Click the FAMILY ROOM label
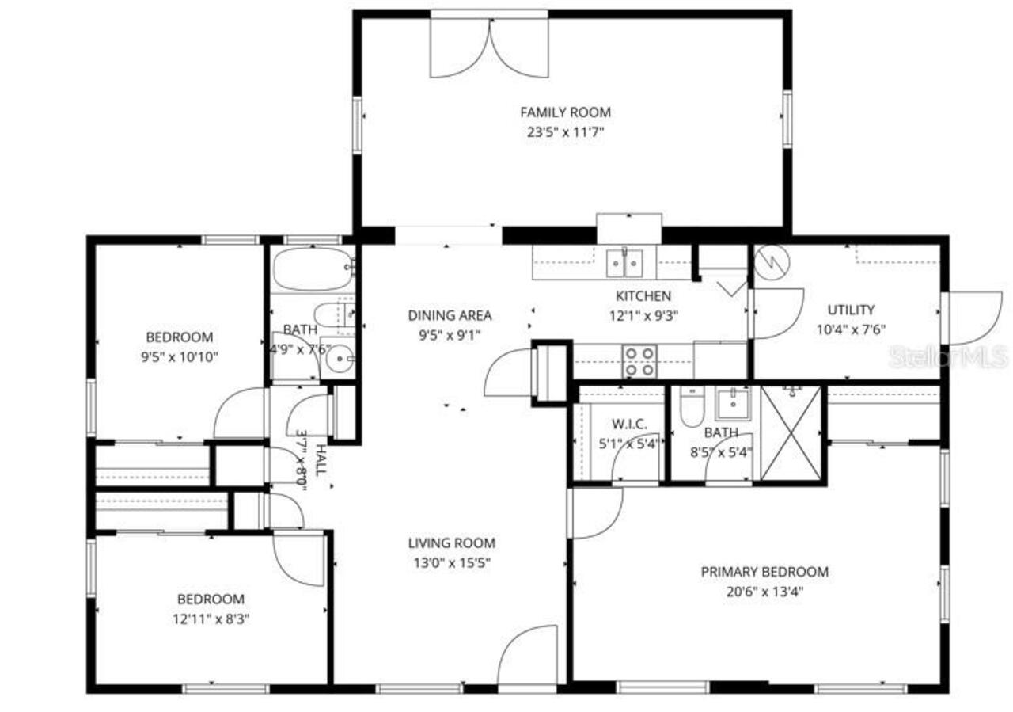[x=565, y=112]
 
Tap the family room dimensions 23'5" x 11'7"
[x=565, y=133]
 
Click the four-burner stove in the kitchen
[x=640, y=362]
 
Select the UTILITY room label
[x=851, y=310]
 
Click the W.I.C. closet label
[x=630, y=424]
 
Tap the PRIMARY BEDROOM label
[x=764, y=572]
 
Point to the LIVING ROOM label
[x=452, y=543]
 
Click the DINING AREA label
[x=450, y=315]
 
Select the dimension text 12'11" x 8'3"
[x=211, y=619]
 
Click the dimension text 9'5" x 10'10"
[x=179, y=357]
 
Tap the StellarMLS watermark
[x=947, y=356]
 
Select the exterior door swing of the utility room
[x=970, y=317]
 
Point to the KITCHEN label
[x=643, y=296]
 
